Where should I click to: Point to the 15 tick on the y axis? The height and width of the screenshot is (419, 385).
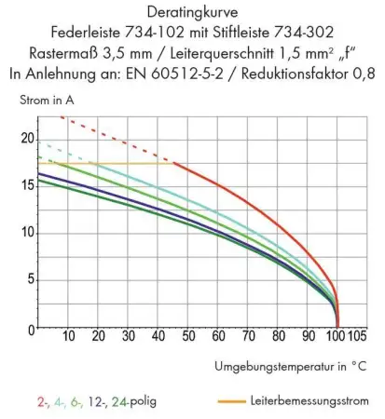coord(27,186)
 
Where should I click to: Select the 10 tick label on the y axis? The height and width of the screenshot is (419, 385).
coord(27,233)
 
